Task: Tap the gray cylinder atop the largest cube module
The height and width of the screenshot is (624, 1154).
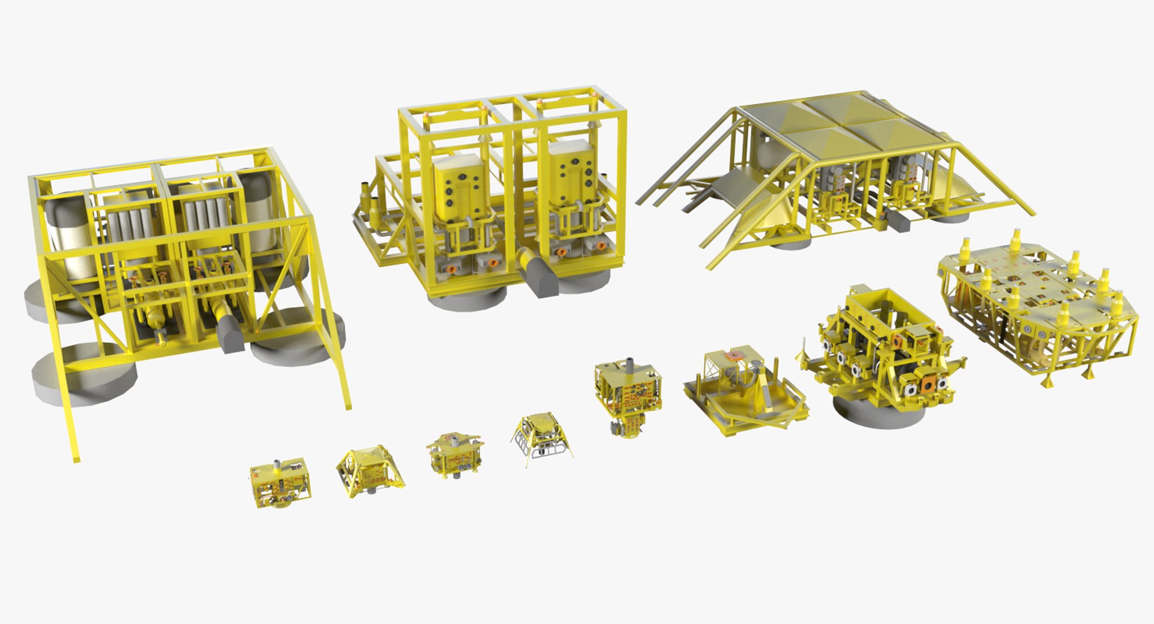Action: [x=629, y=366]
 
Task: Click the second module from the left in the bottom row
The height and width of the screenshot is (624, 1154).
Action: [x=368, y=471]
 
